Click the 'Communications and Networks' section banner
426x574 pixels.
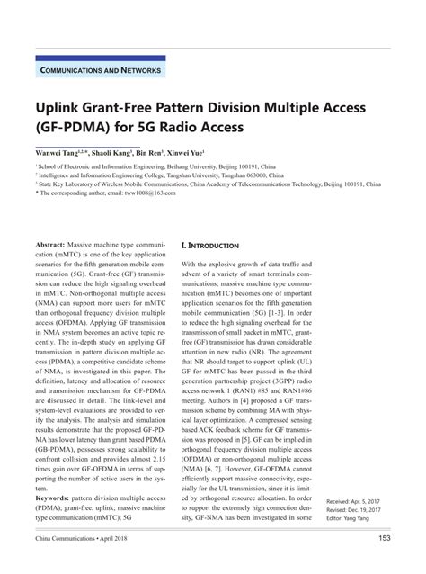pyautogui.click(x=101, y=69)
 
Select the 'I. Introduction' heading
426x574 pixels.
pyautogui.click(x=210, y=245)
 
